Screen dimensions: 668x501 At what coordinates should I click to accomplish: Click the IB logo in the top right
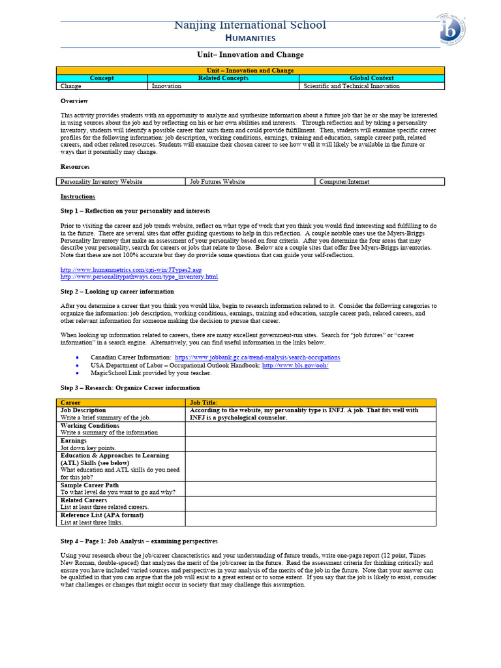point(452,29)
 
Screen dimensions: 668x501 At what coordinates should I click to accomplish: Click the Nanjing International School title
point(250,25)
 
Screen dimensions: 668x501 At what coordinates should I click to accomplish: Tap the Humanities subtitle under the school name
point(250,38)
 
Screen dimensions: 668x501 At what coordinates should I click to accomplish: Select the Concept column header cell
point(102,78)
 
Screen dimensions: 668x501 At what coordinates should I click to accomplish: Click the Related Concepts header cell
point(223,78)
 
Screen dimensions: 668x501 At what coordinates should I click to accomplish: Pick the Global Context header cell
point(372,78)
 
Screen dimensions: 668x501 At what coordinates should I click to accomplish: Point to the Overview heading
point(74,101)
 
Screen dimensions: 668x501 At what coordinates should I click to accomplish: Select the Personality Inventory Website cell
point(101,182)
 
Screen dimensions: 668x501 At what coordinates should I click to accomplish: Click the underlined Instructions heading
point(78,197)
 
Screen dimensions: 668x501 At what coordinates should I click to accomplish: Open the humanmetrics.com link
point(131,269)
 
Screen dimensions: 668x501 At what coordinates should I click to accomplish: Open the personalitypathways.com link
point(139,277)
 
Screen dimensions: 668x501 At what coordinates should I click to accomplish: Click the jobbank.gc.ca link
point(257,357)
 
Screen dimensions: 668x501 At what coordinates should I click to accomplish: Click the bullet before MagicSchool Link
point(78,373)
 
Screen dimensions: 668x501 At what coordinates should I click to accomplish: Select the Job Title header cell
point(311,403)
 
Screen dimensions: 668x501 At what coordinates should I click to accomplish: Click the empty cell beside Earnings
point(311,444)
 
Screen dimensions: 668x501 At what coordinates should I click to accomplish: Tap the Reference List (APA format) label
point(102,515)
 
